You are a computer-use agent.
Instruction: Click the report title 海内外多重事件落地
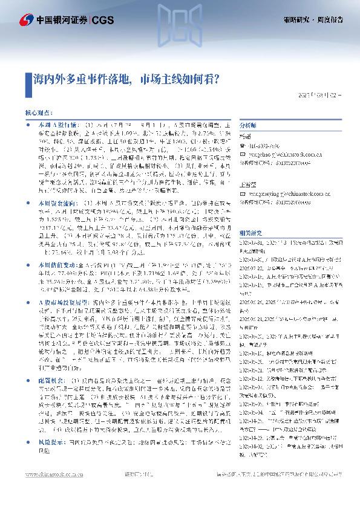click(84, 79)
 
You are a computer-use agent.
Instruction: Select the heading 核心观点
click(38, 113)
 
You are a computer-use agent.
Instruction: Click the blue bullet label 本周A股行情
click(55, 123)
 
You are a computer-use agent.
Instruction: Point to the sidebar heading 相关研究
click(250, 215)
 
